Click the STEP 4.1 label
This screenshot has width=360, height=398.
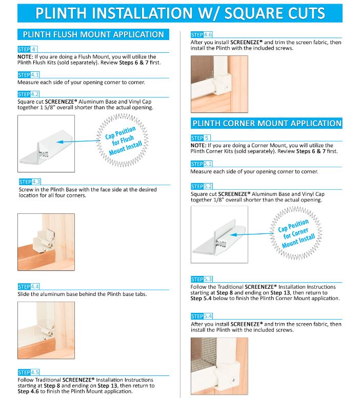click(29, 75)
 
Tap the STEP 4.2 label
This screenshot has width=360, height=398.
click(29, 94)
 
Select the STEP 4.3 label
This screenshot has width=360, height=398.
click(30, 182)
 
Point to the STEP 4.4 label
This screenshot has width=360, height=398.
click(29, 287)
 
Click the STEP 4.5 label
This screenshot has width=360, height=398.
click(29, 372)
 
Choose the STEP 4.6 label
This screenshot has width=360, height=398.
click(202, 35)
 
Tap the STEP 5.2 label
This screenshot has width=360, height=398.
click(202, 186)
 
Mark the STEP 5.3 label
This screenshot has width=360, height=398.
click(202, 279)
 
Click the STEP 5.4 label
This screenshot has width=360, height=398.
click(202, 316)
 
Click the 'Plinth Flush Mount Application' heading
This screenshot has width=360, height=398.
click(93, 34)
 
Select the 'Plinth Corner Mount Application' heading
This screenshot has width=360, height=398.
click(267, 124)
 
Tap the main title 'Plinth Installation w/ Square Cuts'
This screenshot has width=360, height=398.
click(180, 13)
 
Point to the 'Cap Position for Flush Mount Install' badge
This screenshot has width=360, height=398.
click(123, 141)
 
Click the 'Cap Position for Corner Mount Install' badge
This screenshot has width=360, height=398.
click(295, 233)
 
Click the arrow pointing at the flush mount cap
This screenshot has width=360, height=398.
click(78, 142)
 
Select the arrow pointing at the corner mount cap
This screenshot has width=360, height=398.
click(251, 234)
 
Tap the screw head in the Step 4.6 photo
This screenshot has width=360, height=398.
click(227, 88)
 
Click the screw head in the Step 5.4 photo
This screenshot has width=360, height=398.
click(233, 380)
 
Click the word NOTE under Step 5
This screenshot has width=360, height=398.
click(198, 146)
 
